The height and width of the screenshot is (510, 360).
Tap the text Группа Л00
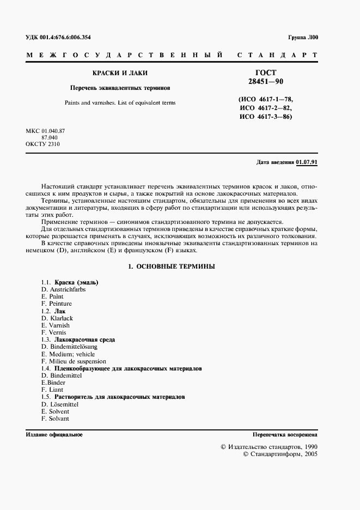(302, 37)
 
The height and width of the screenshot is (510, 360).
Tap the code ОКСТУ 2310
(43, 144)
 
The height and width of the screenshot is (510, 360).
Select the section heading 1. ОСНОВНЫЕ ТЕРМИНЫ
(170, 266)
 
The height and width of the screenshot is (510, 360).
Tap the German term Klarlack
(61, 318)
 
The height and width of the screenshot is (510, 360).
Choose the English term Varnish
(59, 325)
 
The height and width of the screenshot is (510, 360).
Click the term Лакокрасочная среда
(84, 339)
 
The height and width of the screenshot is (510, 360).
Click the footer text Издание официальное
(54, 435)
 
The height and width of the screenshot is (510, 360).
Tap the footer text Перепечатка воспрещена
(285, 435)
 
